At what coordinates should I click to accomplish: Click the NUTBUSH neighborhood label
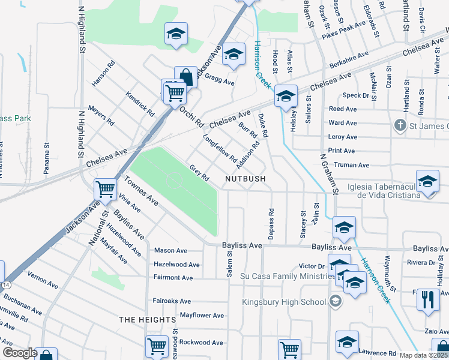tap(245, 179)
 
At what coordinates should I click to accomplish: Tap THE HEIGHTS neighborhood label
tap(147, 320)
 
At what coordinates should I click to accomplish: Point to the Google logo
tap(19, 353)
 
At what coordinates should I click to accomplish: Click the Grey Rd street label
tap(199, 173)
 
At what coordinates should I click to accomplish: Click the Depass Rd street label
tap(271, 224)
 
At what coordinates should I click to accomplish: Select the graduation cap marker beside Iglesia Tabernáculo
tap(427, 182)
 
